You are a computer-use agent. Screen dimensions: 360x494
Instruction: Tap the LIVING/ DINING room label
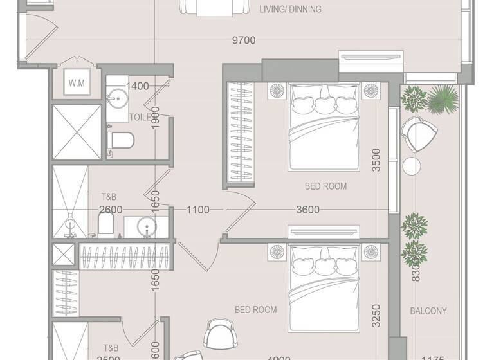click(290, 10)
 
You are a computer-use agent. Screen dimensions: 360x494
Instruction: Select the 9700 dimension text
click(244, 40)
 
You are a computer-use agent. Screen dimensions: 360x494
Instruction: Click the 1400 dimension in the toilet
click(137, 86)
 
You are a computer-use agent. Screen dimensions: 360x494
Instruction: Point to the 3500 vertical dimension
click(376, 160)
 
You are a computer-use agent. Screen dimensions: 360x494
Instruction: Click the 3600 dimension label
click(308, 210)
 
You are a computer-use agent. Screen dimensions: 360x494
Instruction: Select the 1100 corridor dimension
click(198, 210)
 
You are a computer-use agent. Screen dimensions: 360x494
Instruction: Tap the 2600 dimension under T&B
click(111, 210)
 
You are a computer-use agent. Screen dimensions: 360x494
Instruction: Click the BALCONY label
click(428, 311)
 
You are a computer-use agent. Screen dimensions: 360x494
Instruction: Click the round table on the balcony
click(411, 165)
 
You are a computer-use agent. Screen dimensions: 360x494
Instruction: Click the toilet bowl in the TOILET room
click(122, 140)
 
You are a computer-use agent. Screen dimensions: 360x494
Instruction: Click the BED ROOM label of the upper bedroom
click(325, 186)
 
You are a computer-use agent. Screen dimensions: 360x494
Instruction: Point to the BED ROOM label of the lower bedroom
click(255, 310)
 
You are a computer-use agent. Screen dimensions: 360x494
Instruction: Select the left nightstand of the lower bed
click(277, 251)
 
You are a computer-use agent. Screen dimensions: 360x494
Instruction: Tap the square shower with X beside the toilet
click(77, 132)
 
